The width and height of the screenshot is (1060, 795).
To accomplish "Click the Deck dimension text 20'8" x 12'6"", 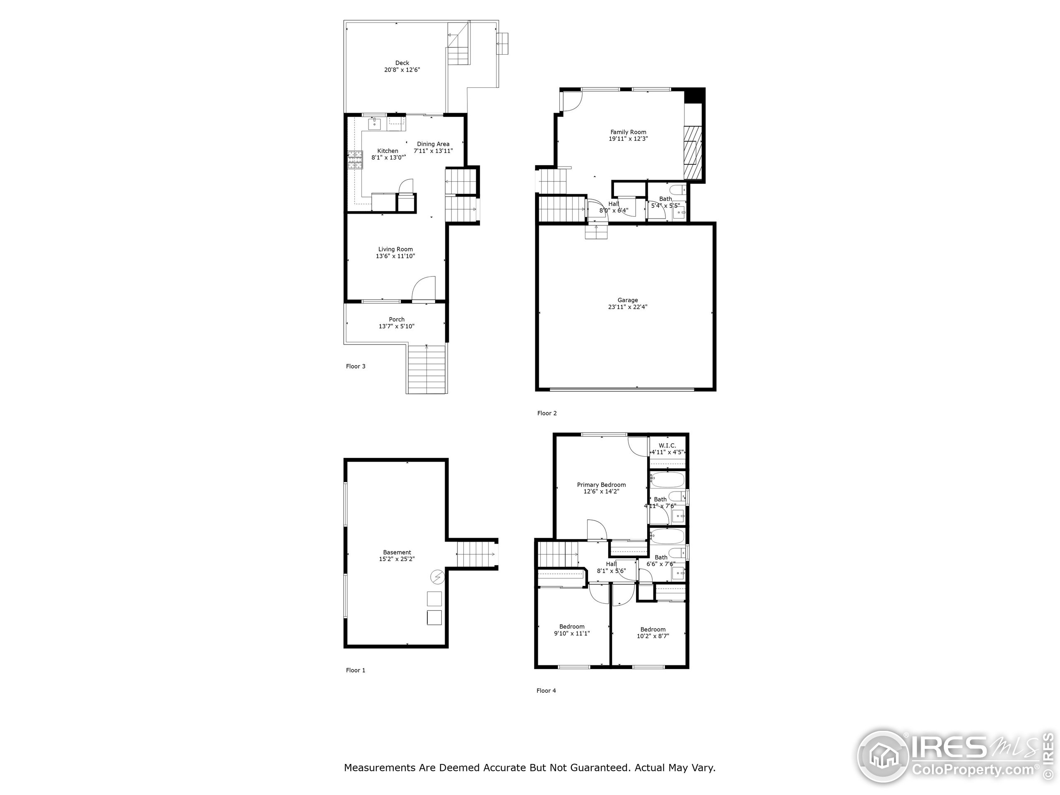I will (402, 70).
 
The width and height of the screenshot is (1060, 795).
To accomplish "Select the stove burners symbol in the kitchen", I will (355, 160).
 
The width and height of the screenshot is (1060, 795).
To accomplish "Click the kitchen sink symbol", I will (374, 124).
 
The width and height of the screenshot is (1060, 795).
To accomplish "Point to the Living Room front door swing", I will (424, 289).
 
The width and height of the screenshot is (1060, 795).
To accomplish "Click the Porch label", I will (396, 320).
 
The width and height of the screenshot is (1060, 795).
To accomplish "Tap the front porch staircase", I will (427, 369).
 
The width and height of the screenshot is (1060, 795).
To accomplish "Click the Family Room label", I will (628, 132).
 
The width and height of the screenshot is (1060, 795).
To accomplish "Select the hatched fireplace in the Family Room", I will (692, 152).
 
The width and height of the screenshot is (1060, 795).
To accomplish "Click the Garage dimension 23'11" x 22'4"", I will (627, 307).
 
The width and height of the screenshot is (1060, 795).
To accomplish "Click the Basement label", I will (397, 552).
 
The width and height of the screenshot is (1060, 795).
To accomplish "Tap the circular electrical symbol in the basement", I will (437, 578).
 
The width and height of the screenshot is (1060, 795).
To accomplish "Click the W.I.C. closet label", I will (667, 446).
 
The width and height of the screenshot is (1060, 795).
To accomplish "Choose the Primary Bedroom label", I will (601, 485).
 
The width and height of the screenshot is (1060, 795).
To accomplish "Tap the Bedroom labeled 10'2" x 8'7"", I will (653, 633).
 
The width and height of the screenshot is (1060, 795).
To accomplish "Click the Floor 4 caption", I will (546, 691).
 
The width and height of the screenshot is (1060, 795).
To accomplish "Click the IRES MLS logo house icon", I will (883, 756).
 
